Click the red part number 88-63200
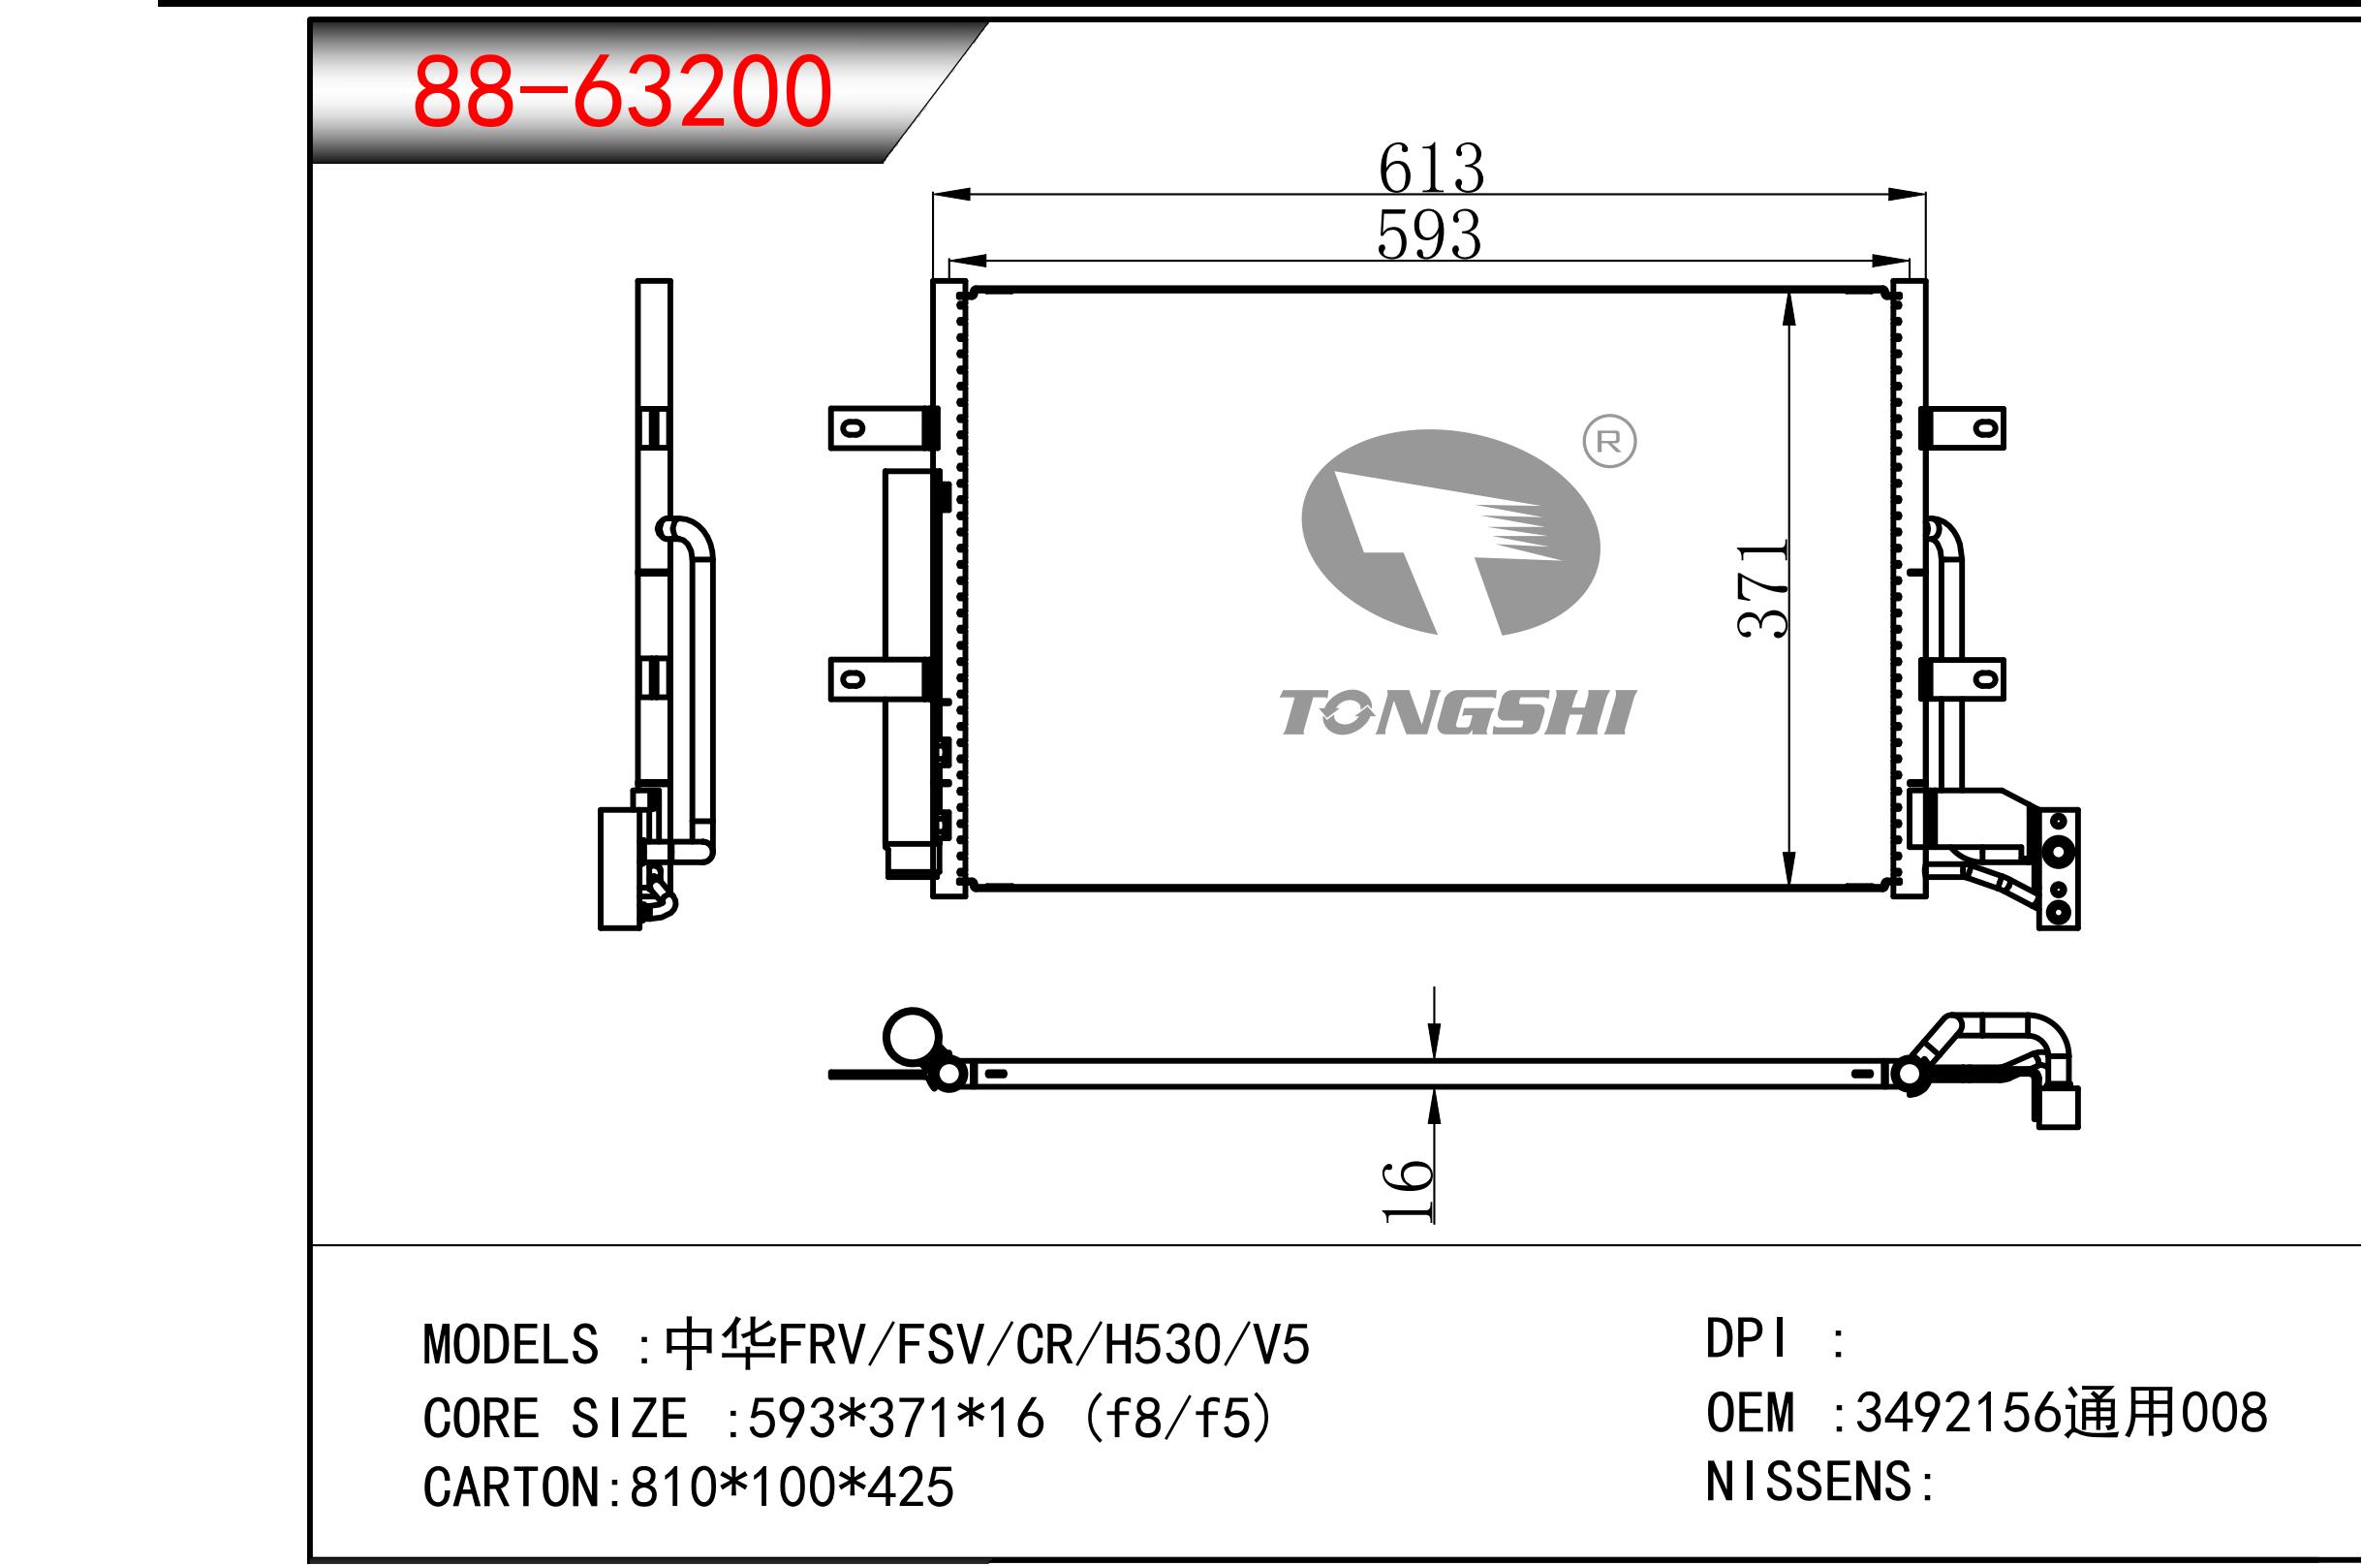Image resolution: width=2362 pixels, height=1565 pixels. (622, 92)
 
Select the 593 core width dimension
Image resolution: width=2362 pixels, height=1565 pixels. (1429, 235)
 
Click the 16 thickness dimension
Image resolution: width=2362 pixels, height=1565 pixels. (1407, 1190)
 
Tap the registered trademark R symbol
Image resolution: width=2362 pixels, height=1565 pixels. (1609, 442)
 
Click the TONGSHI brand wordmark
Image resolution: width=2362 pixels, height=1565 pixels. (1458, 712)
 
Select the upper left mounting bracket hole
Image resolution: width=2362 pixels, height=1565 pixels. (854, 429)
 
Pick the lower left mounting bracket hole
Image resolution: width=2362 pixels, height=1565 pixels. (854, 680)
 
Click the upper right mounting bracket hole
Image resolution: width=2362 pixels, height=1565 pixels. (1986, 429)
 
